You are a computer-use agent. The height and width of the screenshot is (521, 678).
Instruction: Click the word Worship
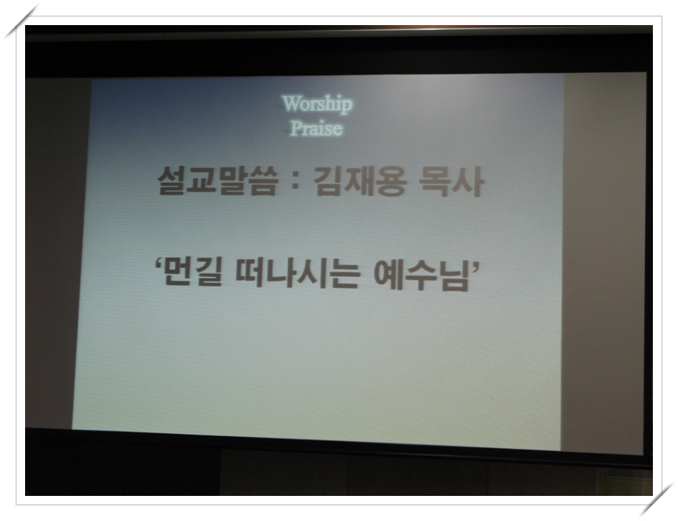tap(317, 104)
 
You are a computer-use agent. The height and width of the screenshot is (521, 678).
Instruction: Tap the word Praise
tap(316, 129)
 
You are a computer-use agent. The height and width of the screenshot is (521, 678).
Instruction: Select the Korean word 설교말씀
tap(217, 180)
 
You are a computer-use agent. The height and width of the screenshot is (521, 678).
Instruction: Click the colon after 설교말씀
tap(295, 182)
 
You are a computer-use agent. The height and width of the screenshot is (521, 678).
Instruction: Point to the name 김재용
tap(359, 181)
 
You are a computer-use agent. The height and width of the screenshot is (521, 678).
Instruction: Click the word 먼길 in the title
tap(194, 271)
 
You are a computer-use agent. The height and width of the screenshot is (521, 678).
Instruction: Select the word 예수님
tap(421, 274)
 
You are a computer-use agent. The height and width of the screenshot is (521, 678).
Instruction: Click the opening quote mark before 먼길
tap(159, 264)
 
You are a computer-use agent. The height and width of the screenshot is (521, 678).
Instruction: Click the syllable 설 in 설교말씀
tap(172, 180)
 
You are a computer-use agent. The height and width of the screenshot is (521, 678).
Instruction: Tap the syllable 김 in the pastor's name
tap(327, 181)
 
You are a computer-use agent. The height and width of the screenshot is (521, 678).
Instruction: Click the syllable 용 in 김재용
tap(392, 181)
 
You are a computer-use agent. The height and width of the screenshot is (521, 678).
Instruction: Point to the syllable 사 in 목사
tap(468, 182)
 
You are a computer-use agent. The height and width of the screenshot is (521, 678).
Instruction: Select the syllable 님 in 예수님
tap(455, 275)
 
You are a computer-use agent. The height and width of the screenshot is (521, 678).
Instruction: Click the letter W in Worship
tap(290, 104)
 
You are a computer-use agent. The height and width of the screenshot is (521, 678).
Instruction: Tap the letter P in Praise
tap(296, 128)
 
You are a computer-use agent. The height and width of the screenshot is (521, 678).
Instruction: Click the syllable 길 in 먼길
tap(210, 272)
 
